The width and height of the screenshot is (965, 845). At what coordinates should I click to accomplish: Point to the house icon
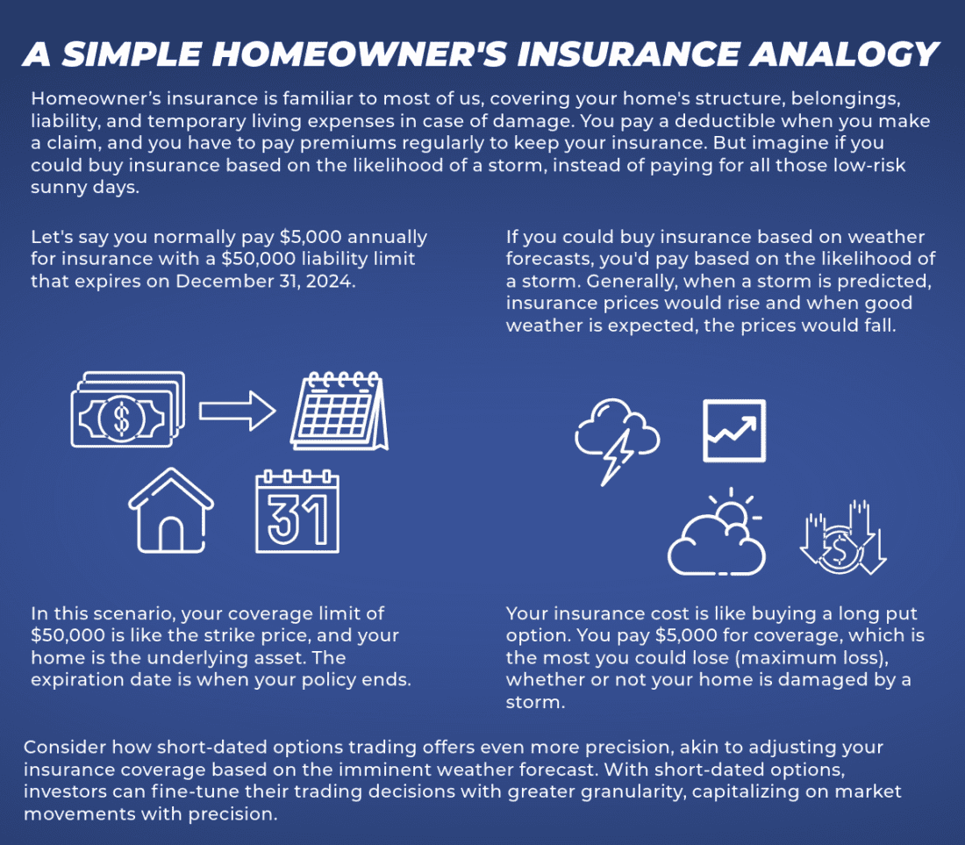click(x=171, y=513)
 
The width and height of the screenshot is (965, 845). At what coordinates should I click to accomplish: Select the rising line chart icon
click(x=734, y=430)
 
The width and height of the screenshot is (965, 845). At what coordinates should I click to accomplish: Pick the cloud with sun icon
click(x=718, y=536)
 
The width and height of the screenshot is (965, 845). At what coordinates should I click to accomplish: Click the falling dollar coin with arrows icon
click(x=843, y=536)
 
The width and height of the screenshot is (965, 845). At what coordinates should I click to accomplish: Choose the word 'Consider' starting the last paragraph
click(x=58, y=748)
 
